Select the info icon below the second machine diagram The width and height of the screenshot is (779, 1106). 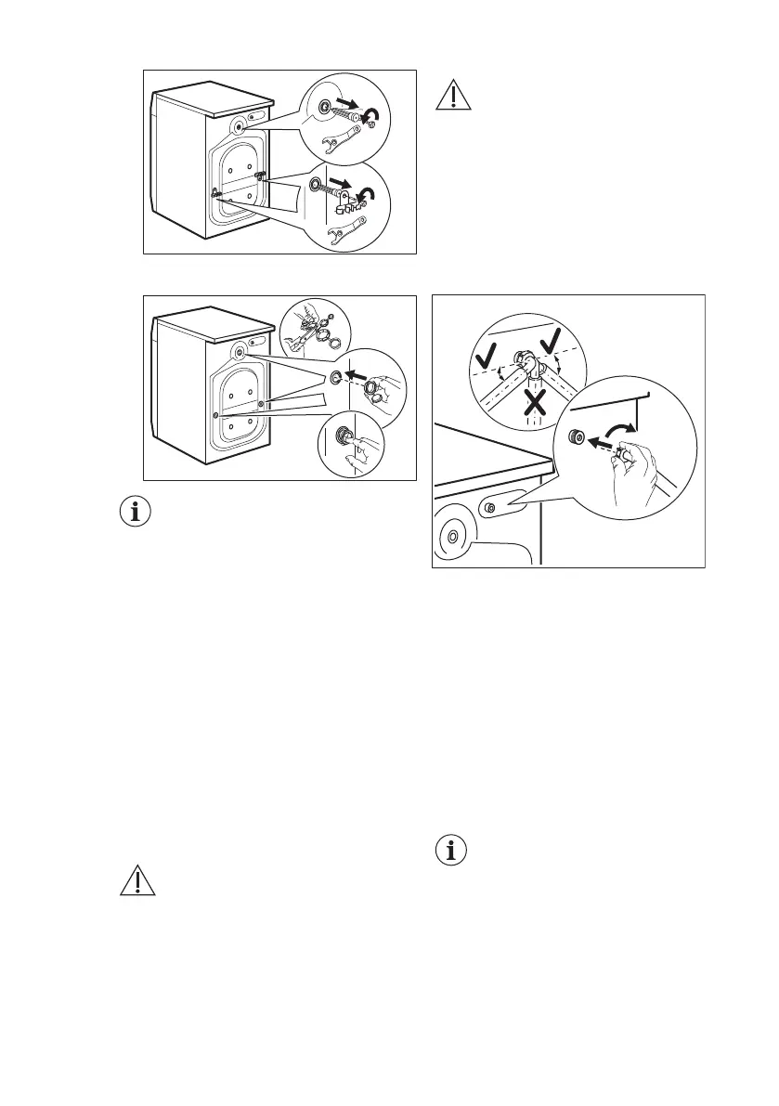pyautogui.click(x=137, y=512)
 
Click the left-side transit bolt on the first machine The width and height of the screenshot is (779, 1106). pyautogui.click(x=216, y=192)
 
